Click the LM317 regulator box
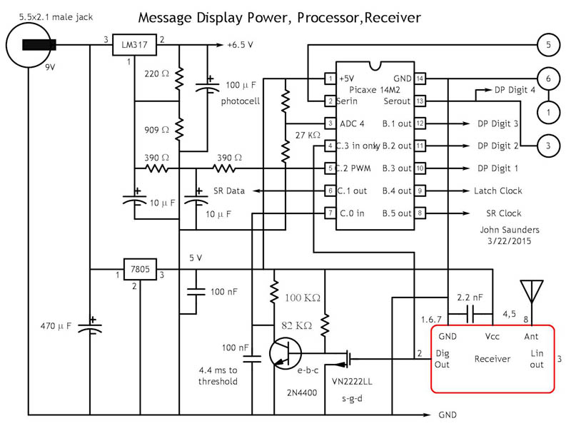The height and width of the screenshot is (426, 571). click(x=134, y=46)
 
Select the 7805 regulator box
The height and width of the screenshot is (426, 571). click(x=138, y=270)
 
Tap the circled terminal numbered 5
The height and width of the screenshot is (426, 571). click(x=547, y=46)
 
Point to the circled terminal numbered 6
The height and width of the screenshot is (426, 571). click(x=547, y=78)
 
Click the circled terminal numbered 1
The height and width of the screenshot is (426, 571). click(x=547, y=111)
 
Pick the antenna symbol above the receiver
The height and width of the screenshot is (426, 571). click(x=529, y=291)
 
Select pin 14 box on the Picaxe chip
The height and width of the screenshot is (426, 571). click(x=420, y=78)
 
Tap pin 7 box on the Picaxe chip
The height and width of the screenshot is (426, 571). click(x=330, y=213)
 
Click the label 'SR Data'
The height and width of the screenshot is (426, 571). click(x=229, y=191)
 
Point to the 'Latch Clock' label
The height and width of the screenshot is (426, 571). click(x=498, y=191)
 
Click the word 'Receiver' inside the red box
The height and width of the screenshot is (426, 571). click(x=492, y=358)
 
